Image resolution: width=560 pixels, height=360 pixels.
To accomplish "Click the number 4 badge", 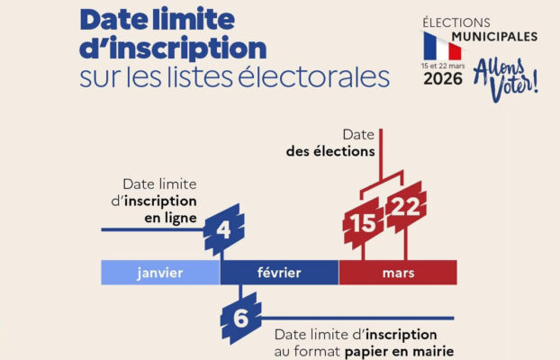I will pos(223,231).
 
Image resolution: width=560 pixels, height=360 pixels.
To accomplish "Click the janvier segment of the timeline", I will pos(160,272).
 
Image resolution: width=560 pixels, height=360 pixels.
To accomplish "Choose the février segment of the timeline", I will pos(279,272).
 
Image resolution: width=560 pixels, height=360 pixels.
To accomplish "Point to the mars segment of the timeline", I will pos(397,272).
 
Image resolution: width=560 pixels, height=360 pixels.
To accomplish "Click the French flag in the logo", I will pos(442,46).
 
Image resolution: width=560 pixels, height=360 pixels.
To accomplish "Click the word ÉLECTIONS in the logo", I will pos(459,22).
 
